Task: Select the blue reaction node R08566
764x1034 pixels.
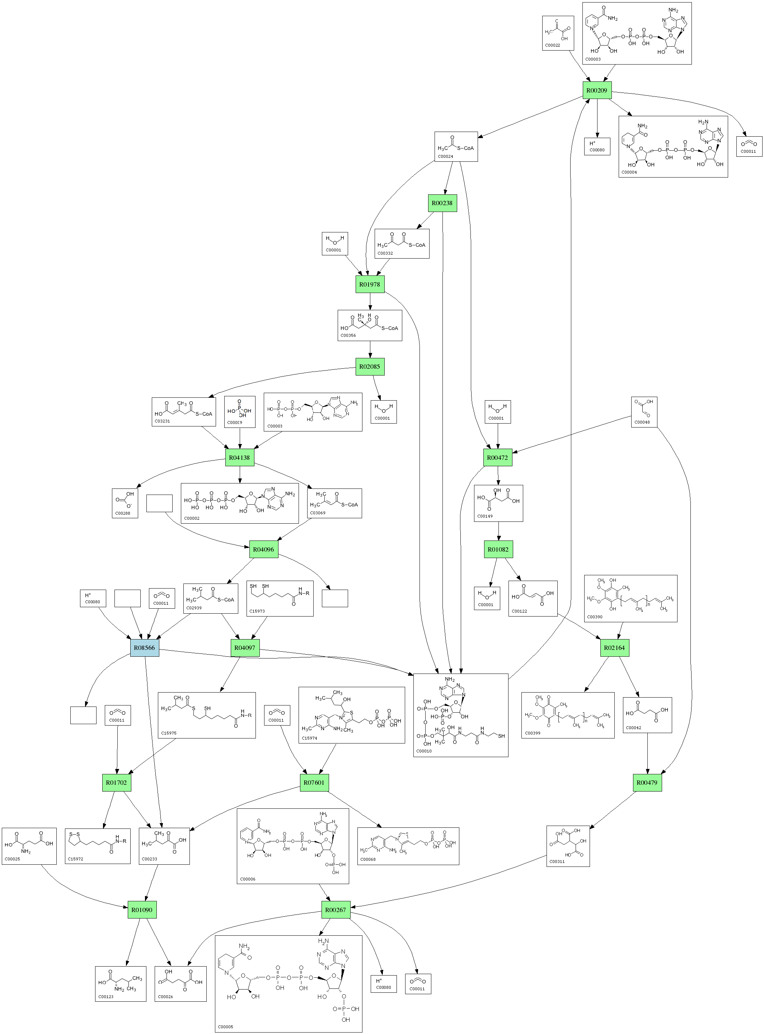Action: point(144,648)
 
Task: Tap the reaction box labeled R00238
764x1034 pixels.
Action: point(442,203)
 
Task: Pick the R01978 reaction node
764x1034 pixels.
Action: point(370,284)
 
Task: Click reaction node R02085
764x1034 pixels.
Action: point(370,367)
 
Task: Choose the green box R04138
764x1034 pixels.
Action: point(240,458)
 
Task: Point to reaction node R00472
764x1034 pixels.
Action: point(498,458)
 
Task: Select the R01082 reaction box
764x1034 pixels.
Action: point(498,549)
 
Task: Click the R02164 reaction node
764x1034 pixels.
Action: point(615,648)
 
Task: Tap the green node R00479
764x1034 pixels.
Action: point(647,783)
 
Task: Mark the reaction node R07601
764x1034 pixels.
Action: point(314,783)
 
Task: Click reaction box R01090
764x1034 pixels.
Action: point(142,910)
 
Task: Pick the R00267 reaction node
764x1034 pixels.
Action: point(336,910)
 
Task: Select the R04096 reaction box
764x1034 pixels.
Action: point(264,549)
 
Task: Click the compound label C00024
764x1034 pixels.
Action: point(446,157)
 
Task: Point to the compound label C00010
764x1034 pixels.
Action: point(424,751)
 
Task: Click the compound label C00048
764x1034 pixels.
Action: point(642,422)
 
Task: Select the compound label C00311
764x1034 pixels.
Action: point(557,861)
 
